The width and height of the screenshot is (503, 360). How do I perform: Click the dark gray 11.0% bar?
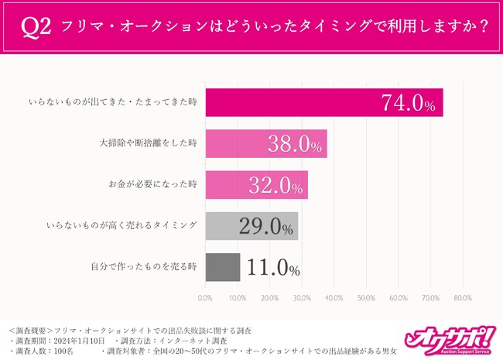[222, 267]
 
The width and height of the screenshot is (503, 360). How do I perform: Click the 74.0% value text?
[409, 103]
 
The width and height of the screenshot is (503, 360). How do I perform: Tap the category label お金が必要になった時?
[153, 185]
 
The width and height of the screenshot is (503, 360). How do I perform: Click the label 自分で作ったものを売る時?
[145, 267]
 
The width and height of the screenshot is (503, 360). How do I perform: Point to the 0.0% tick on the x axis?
[205, 297]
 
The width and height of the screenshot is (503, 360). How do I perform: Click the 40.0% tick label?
[334, 297]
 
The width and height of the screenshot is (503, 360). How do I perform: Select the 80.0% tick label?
[462, 297]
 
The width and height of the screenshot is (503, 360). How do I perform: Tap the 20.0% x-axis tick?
[269, 297]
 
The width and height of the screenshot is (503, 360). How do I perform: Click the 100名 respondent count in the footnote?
[69, 350]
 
